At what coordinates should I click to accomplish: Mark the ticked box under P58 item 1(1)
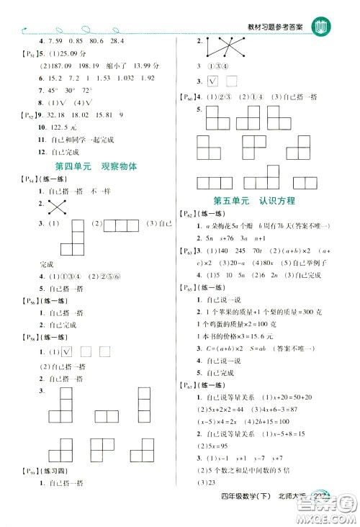click(x=68, y=352)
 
